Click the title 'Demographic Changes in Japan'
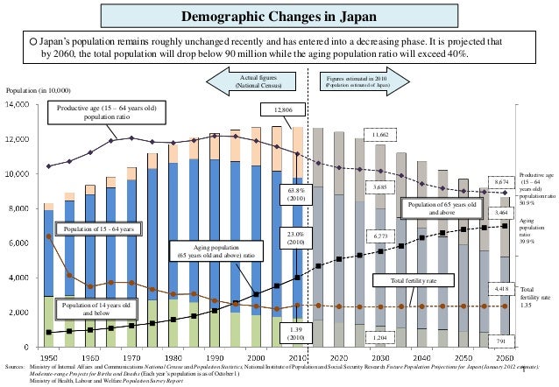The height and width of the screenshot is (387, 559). [279, 18]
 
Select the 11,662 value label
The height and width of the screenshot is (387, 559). [380, 135]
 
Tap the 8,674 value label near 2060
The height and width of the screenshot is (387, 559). [501, 181]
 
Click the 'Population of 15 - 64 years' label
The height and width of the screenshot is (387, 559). [96, 229]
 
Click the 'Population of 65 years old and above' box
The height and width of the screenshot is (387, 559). [442, 207]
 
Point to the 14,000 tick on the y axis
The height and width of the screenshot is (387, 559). [18, 104]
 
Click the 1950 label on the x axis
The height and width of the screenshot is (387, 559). [50, 357]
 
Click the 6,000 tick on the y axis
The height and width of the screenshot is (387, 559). [20, 243]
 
